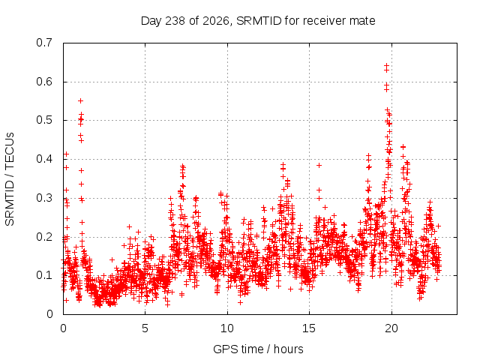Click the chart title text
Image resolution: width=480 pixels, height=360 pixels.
pos(258,21)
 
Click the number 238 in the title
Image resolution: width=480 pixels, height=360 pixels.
pos(175,21)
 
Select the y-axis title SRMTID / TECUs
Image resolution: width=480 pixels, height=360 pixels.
pos(10,179)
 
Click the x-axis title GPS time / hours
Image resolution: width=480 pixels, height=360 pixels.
pos(258,349)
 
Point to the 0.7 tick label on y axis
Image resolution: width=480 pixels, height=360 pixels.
pos(44,43)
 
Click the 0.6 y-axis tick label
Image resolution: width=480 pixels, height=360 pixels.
pos(44,82)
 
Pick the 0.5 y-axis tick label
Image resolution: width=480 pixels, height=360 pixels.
pos(44,120)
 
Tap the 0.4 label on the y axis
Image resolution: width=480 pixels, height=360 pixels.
pos(44,159)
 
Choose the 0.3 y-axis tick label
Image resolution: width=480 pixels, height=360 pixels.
pos(44,198)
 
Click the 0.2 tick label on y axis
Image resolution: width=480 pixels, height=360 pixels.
pos(44,237)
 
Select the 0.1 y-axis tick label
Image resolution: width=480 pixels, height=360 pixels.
pos(44,275)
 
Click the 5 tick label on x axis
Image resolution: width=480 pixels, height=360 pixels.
pos(145,328)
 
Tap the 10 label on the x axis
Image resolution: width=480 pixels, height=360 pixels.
pos(227,328)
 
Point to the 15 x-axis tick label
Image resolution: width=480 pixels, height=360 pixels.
pos(309,328)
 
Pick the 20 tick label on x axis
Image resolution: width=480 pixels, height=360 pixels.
pos(391,328)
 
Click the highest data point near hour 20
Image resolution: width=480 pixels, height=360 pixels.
pos(387,65)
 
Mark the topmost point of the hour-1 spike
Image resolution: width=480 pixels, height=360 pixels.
pos(81,100)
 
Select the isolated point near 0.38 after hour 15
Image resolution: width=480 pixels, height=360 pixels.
pos(319,165)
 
